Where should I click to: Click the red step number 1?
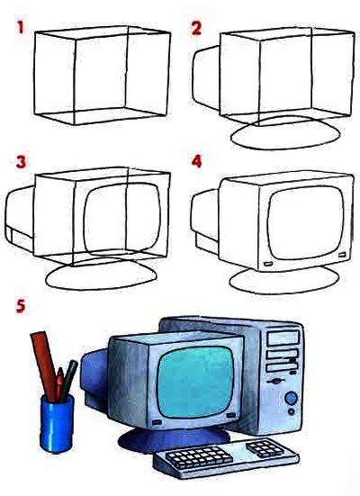coord(21,27)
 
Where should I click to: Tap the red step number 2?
coord(196,28)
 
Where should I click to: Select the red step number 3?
coord(21,162)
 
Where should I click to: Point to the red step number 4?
coord(196,162)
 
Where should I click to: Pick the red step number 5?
coord(21,307)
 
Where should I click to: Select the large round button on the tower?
coord(291,398)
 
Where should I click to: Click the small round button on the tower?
coord(292,411)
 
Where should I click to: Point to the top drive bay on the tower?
coord(283,338)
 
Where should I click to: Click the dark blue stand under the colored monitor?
coord(174,439)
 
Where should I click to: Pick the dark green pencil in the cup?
coord(69,380)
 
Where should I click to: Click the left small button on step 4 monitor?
coord(267,263)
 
